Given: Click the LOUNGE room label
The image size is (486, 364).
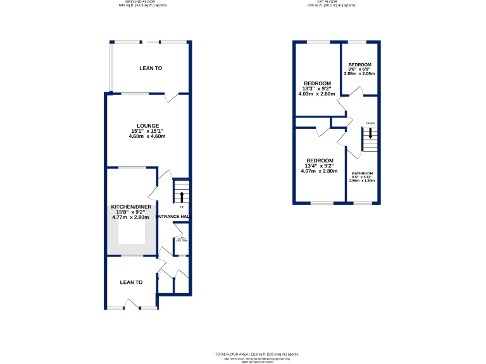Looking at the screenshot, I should click(148, 125).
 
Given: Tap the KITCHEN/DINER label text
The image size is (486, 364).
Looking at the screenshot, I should click(130, 207).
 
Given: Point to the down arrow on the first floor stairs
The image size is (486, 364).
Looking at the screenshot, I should click(370, 135).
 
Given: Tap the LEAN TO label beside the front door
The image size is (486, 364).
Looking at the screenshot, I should click(131, 282).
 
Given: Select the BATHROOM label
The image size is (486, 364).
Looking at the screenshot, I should click(363, 173).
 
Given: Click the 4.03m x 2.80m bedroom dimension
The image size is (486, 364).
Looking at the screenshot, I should click(316, 94).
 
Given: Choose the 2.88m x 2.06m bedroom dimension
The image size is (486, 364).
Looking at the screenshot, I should click(359, 74).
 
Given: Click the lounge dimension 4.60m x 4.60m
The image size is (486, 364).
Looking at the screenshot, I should click(147, 136).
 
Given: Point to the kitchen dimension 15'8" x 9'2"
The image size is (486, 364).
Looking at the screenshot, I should click(130, 212).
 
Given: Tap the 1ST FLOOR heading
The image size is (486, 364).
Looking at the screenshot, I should click(332, 2).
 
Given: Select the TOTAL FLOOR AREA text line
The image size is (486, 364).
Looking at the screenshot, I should click(256, 354).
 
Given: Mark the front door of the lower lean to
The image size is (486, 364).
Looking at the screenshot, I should click(132, 305).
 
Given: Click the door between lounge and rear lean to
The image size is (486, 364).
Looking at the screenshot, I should click(172, 98).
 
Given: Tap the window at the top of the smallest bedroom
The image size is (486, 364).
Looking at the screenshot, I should click(357, 42).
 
